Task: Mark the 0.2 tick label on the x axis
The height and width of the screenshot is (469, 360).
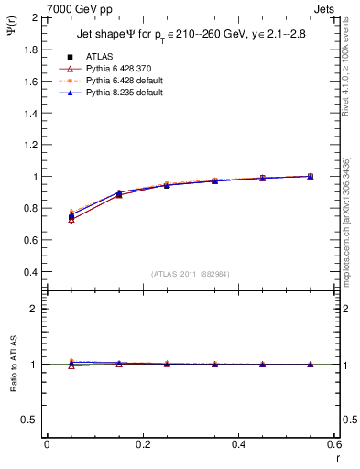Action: click(x=142, y=443)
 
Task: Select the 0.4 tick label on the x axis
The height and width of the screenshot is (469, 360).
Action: click(x=238, y=443)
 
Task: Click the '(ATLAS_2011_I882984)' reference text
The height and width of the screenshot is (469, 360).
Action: click(x=190, y=274)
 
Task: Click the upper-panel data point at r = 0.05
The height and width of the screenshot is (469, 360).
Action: click(x=71, y=216)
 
